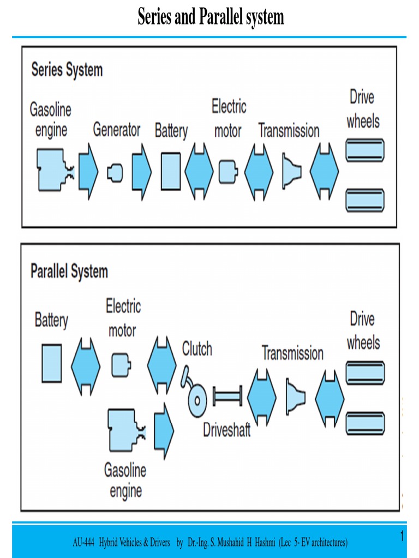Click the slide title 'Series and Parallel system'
[211, 17]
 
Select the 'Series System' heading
[67, 70]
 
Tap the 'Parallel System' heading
[69, 271]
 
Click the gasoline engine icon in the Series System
[53, 170]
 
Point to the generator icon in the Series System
[115, 173]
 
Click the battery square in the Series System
[170, 172]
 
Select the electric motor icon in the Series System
[228, 172]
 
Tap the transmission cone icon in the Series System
[291, 172]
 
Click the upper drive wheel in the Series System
[364, 150]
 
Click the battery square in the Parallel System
[52, 363]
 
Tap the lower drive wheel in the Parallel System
[365, 423]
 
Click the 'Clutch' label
[197, 349]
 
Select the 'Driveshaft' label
[226, 430]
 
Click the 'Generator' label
[116, 130]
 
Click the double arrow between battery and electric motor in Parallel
[86, 366]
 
